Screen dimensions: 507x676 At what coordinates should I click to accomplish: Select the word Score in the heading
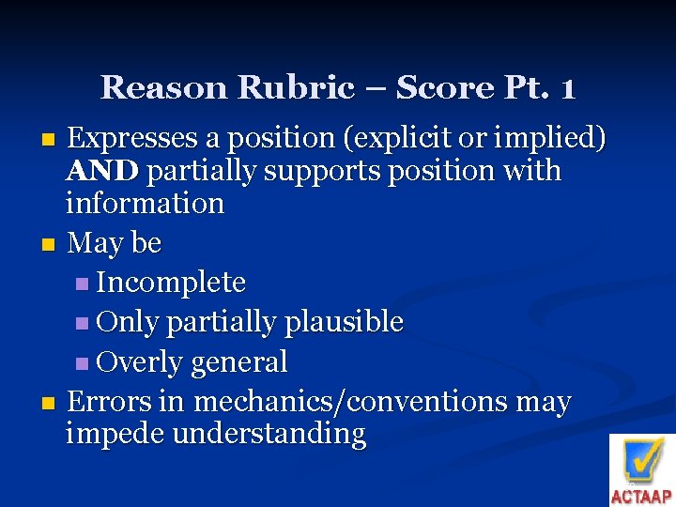(x=443, y=88)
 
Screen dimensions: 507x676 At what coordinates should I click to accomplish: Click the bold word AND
(x=103, y=172)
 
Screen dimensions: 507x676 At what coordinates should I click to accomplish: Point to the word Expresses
(x=134, y=139)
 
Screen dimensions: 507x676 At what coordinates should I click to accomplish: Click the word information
(x=145, y=204)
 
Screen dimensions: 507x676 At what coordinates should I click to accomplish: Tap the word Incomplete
(x=171, y=283)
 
